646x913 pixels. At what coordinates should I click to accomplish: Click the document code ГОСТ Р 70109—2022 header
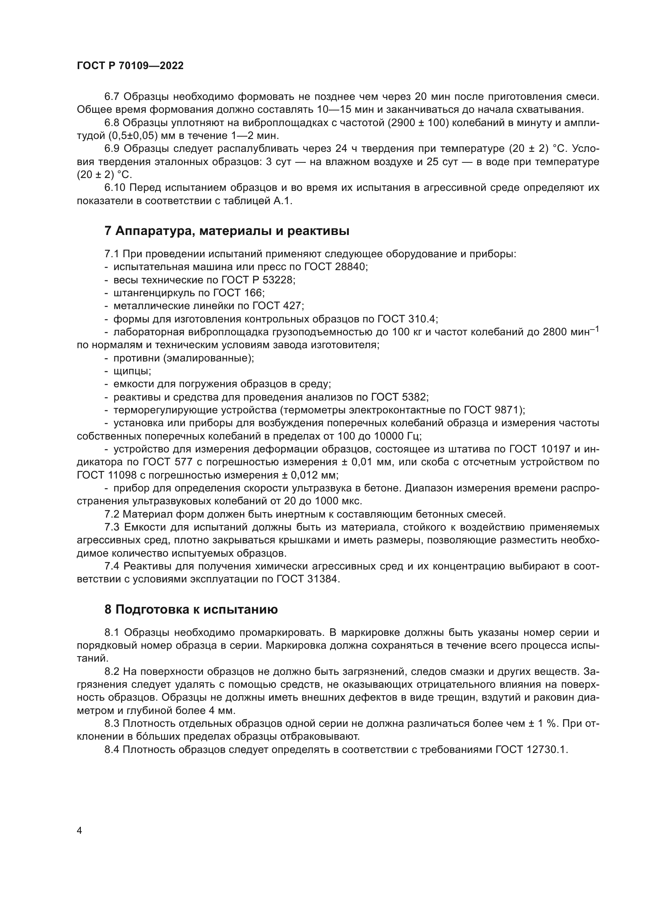[x=130, y=66]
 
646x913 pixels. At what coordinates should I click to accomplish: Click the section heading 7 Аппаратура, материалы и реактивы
[x=227, y=231]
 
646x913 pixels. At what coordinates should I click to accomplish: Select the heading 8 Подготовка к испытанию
[x=191, y=610]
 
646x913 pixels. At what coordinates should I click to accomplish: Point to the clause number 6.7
[x=112, y=97]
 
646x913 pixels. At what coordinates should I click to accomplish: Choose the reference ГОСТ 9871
[x=493, y=410]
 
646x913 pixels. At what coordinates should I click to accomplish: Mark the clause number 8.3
[x=112, y=723]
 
